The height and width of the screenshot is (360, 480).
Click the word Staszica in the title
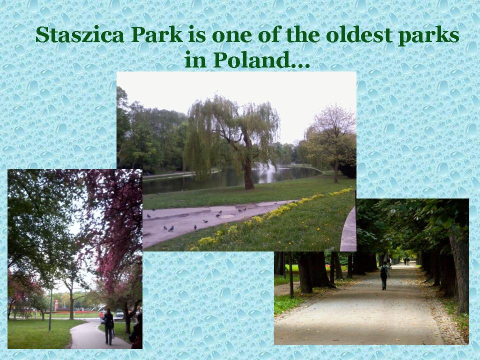point(79,35)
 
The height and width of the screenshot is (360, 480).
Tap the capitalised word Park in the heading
point(157,35)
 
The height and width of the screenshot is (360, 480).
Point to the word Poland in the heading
point(250,59)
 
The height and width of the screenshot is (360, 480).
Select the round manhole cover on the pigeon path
point(227,216)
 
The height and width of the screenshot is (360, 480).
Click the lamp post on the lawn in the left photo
point(50,309)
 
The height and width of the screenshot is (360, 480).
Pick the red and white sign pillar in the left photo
point(56,305)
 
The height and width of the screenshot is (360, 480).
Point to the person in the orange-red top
point(101,316)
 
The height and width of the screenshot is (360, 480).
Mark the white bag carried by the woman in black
point(113,333)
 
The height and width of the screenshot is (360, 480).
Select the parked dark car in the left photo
point(119,314)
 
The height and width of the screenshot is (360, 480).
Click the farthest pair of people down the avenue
point(406,261)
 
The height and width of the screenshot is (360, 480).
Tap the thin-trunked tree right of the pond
point(336,171)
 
